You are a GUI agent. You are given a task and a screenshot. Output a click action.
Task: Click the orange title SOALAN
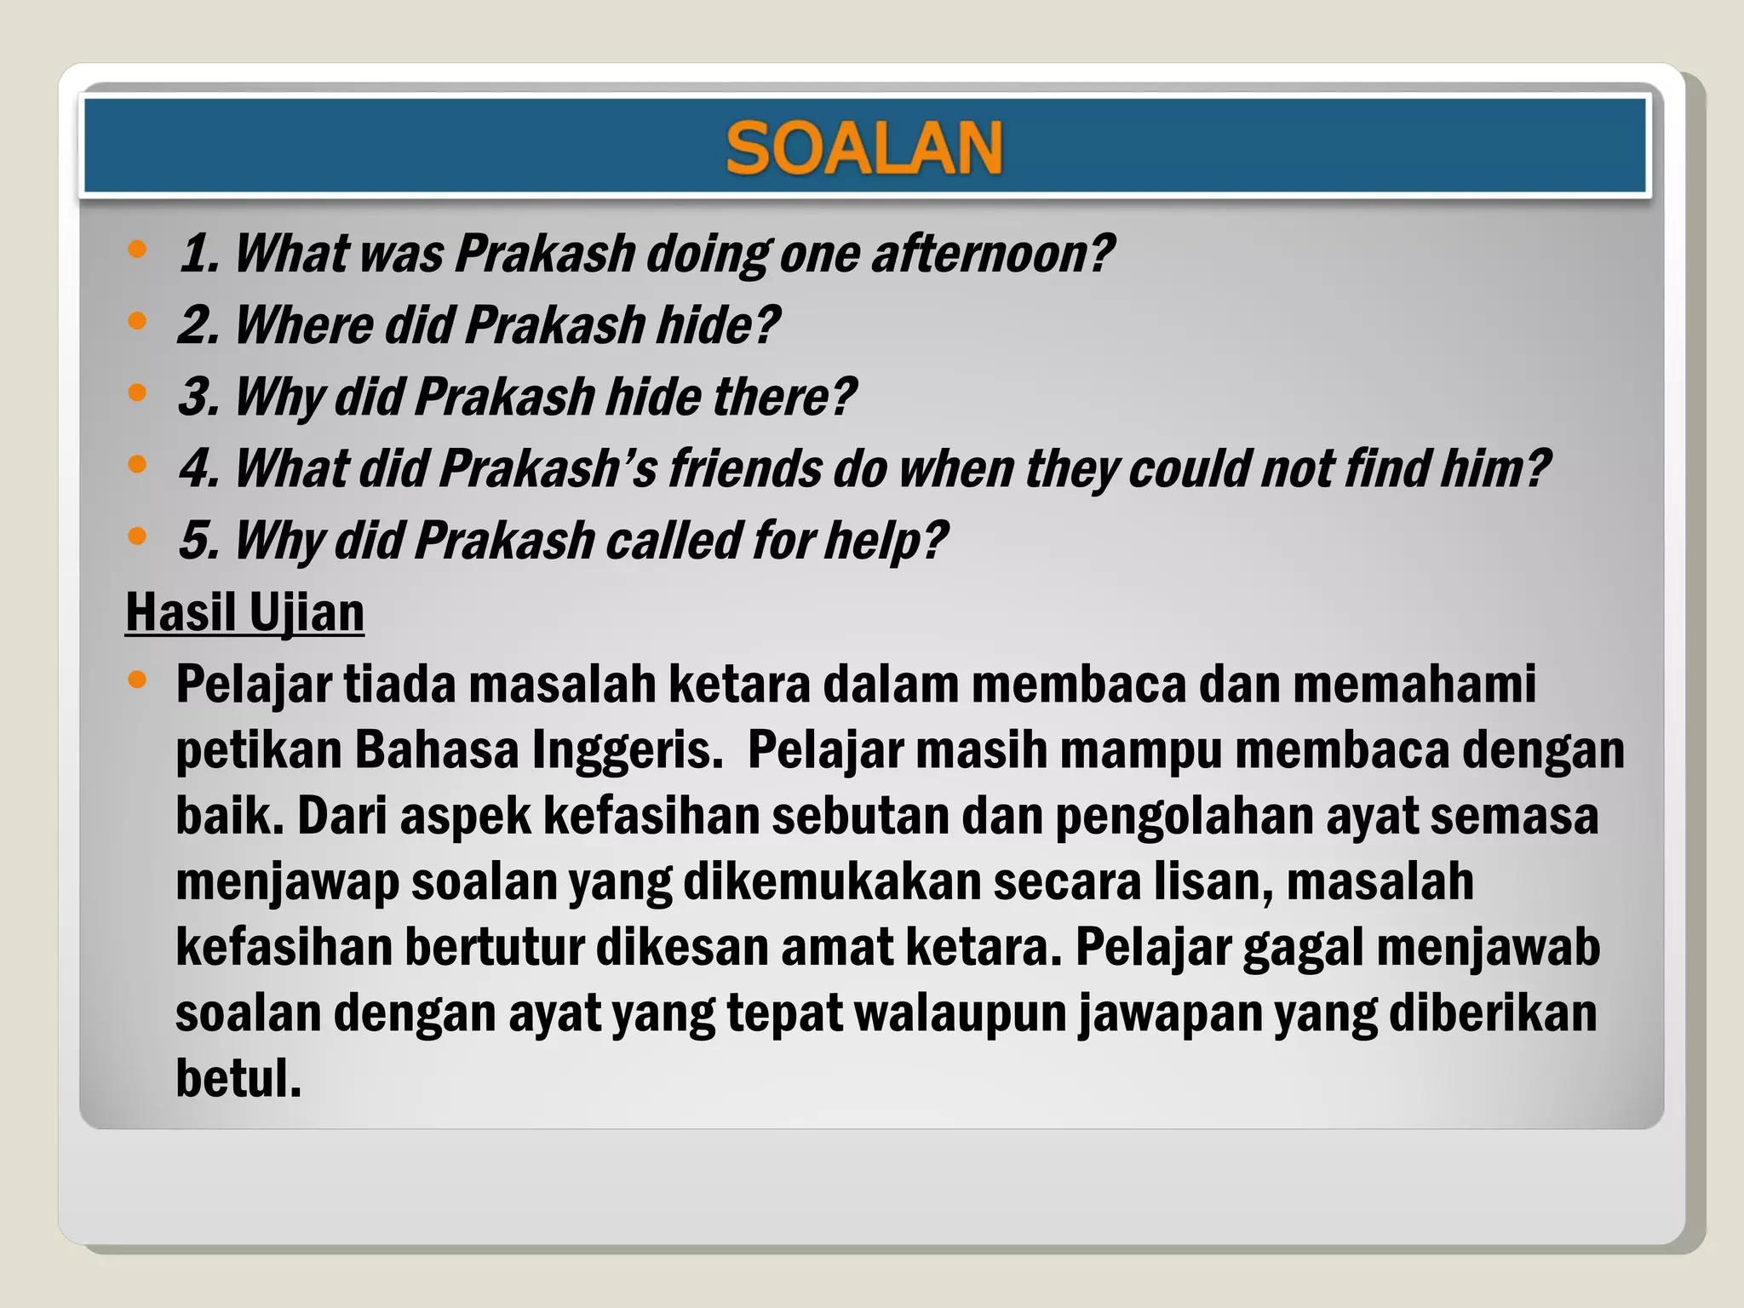tap(864, 148)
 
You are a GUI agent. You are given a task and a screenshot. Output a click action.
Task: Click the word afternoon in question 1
tap(992, 254)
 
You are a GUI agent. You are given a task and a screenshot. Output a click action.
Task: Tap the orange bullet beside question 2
tap(136, 322)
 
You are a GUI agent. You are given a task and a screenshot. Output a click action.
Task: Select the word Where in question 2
tap(303, 325)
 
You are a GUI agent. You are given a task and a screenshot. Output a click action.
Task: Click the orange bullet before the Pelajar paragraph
tap(136, 680)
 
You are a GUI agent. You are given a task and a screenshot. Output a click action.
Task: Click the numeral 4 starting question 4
tap(198, 468)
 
